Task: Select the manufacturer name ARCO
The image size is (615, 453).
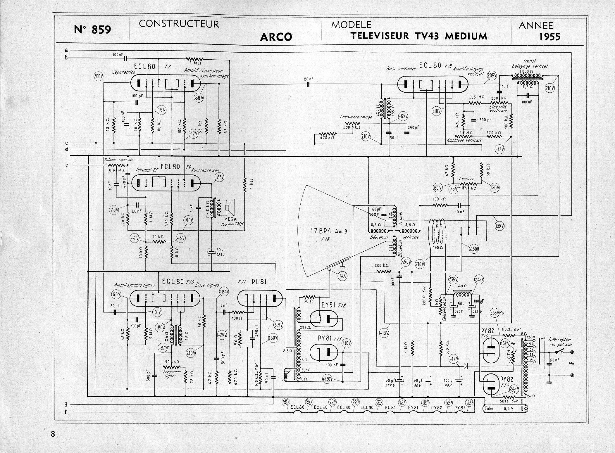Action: pos(276,37)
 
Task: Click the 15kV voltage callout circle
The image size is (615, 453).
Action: pos(342,276)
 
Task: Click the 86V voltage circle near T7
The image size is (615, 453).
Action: pos(199,98)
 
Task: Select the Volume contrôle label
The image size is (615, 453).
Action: pos(119,160)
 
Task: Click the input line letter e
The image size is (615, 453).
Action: pos(67,165)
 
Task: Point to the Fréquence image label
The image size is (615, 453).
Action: pos(356,117)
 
